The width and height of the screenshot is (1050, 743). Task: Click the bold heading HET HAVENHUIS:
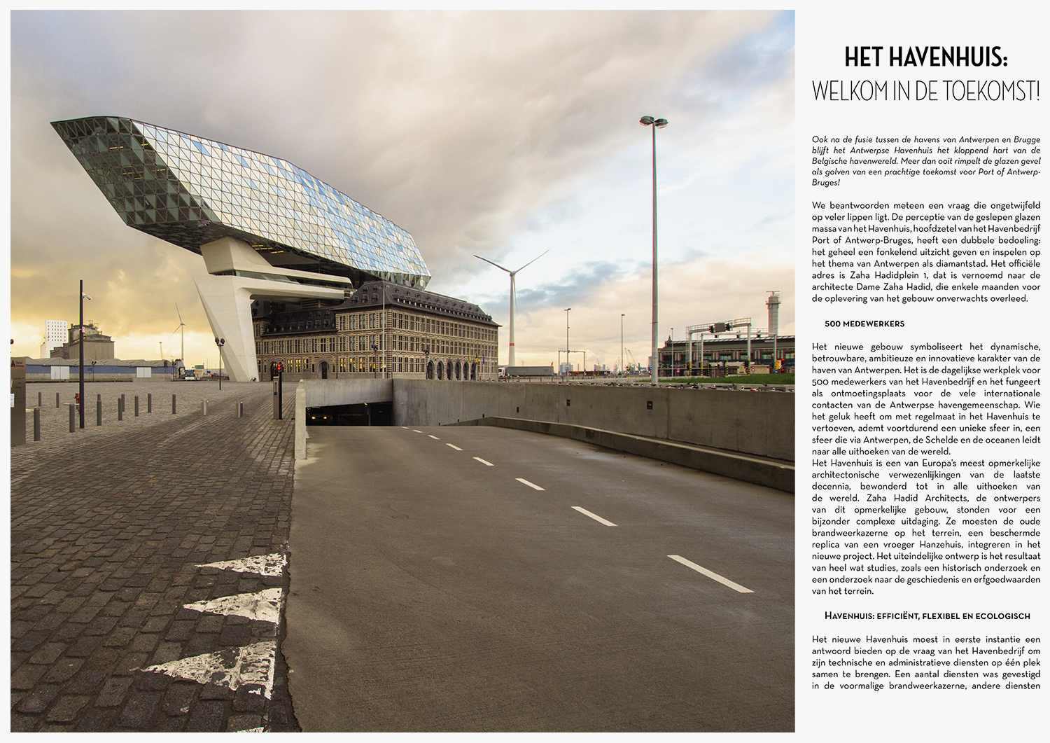[x=925, y=57]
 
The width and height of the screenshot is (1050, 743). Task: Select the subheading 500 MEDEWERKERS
[x=864, y=324]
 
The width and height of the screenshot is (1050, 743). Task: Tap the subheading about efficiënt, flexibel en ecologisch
[x=927, y=616]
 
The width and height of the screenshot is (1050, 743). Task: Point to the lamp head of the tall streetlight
[x=653, y=122]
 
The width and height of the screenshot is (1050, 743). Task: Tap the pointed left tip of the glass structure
[x=56, y=125]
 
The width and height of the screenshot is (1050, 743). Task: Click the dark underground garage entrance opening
[x=349, y=415]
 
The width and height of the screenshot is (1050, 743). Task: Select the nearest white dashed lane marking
[x=710, y=574]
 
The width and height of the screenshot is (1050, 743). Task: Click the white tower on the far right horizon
[x=773, y=314]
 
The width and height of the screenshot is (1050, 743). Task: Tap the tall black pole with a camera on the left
[x=81, y=354]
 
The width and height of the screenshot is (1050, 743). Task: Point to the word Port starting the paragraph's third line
[x=822, y=239]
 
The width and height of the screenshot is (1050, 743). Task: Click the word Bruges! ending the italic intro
[x=825, y=182]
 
